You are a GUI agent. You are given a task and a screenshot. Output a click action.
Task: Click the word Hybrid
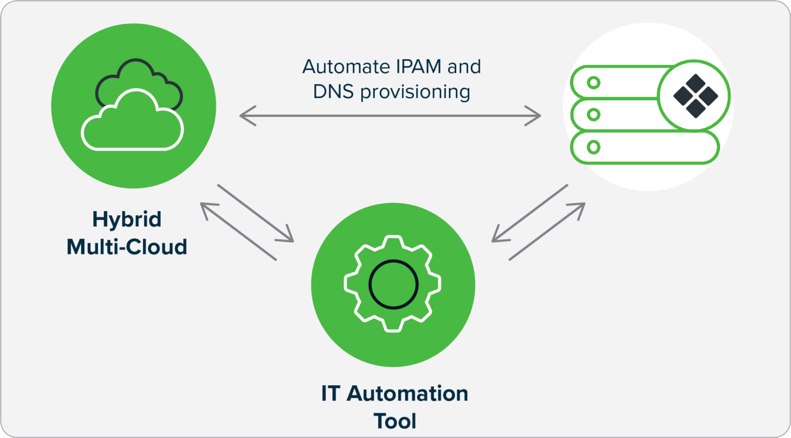click(127, 220)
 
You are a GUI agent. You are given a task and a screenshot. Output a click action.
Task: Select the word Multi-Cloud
click(127, 247)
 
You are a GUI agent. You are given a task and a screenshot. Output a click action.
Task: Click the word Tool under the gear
click(395, 421)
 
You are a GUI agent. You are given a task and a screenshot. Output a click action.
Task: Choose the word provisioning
click(415, 92)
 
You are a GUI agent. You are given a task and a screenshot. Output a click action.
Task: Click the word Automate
click(345, 67)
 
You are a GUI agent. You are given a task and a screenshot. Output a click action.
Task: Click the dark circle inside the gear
click(393, 284)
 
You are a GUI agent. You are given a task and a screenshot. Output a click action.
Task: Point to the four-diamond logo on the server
click(696, 96)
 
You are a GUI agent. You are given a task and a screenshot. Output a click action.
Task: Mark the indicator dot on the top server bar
click(594, 83)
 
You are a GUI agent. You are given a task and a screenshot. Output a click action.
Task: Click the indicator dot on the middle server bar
click(594, 115)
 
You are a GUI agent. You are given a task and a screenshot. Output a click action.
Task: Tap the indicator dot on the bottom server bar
click(594, 147)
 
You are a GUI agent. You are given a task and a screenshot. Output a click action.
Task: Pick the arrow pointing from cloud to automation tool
click(255, 213)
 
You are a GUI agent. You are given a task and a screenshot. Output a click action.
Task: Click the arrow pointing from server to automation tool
click(529, 213)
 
